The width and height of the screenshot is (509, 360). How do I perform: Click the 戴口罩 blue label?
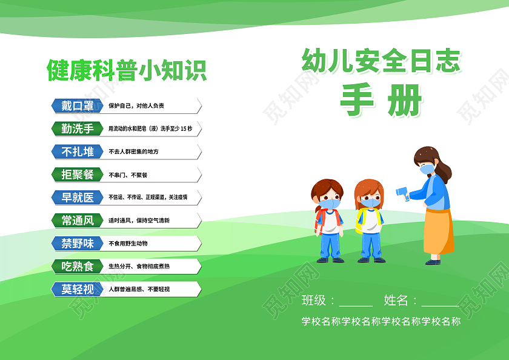pyautogui.click(x=77, y=105)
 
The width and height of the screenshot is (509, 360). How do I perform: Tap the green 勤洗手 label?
pyautogui.click(x=77, y=128)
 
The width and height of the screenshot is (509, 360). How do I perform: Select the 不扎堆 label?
pyautogui.click(x=77, y=152)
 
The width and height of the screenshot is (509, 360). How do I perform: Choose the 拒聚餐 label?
pyautogui.click(x=77, y=175)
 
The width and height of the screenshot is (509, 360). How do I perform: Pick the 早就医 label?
pyautogui.click(x=77, y=198)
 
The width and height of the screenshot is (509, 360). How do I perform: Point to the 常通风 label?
pyautogui.click(x=77, y=221)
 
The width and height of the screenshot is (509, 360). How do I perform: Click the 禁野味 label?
pyautogui.click(x=77, y=244)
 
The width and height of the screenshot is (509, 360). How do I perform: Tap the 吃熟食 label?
pyautogui.click(x=77, y=267)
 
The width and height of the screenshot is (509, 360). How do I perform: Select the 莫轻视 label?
pyautogui.click(x=77, y=290)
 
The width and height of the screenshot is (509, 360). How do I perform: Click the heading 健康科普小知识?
pyautogui.click(x=127, y=70)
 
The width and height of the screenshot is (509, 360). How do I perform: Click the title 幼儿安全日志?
pyautogui.click(x=381, y=62)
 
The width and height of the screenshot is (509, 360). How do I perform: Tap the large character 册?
pyautogui.click(x=404, y=99)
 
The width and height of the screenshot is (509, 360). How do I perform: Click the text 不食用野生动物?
pyautogui.click(x=128, y=244)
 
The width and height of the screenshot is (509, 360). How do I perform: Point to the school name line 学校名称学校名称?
pyautogui.click(x=381, y=322)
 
